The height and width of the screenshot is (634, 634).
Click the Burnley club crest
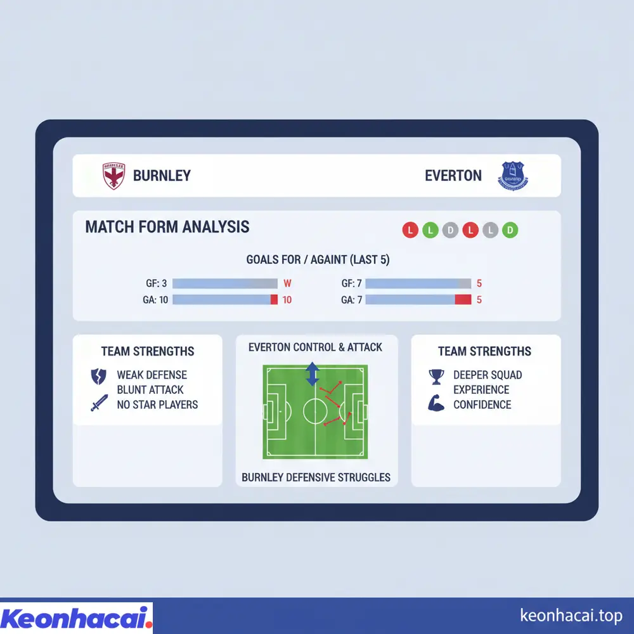[x=113, y=176]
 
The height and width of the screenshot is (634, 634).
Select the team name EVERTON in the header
[x=453, y=176]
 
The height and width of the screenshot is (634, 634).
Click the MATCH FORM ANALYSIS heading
[x=167, y=227]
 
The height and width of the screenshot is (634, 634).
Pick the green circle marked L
[x=430, y=231]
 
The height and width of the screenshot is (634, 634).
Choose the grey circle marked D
[x=450, y=231]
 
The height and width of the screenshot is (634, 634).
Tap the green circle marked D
[x=510, y=231]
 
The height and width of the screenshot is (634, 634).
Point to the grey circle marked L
[x=490, y=231]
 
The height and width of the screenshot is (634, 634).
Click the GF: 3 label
[x=156, y=284]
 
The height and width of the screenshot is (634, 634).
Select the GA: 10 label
[x=155, y=300]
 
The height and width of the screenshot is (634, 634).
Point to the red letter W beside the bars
[x=287, y=284]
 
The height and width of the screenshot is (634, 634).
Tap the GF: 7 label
[x=351, y=284]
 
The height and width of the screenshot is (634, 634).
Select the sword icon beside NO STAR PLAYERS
[x=99, y=403]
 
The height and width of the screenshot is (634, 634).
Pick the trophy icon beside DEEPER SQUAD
[x=436, y=377]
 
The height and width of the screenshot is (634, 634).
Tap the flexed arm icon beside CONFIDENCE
[x=436, y=404]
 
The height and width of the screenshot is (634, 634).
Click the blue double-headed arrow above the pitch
[x=312, y=374]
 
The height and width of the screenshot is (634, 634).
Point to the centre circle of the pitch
[x=315, y=411]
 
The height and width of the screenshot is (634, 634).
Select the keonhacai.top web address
[x=571, y=616]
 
